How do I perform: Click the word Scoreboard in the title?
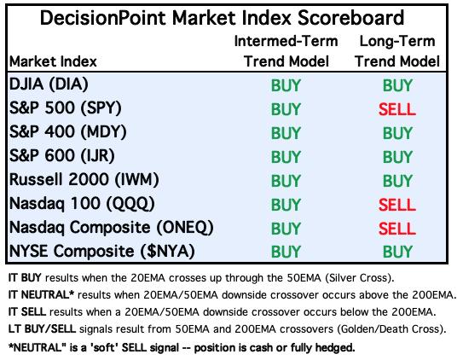350,18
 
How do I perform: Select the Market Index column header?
53,61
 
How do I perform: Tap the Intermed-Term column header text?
286,41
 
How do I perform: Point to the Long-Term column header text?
397,41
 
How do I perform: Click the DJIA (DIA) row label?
49,84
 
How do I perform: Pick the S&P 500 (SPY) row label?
66,107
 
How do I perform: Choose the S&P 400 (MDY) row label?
68,131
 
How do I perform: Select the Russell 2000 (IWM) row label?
84,179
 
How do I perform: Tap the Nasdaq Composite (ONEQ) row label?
112,228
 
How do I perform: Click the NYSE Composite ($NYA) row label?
102,252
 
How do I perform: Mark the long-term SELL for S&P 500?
397,109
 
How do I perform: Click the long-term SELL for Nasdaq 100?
397,205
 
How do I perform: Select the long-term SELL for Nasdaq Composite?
397,229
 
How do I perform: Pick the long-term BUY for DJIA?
397,85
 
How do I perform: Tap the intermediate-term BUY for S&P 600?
286,157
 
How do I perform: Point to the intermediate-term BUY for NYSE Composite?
286,252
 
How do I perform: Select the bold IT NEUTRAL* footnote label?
41,294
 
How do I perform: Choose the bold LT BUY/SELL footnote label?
43,329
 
